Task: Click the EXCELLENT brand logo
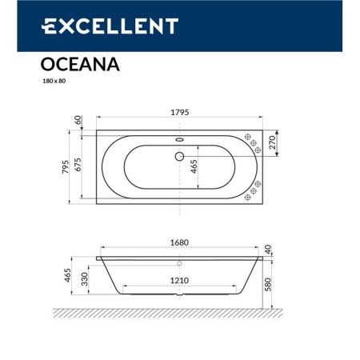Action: [109, 26]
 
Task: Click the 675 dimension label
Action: [78, 166]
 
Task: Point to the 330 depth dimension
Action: [85, 277]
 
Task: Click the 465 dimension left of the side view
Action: [69, 277]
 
